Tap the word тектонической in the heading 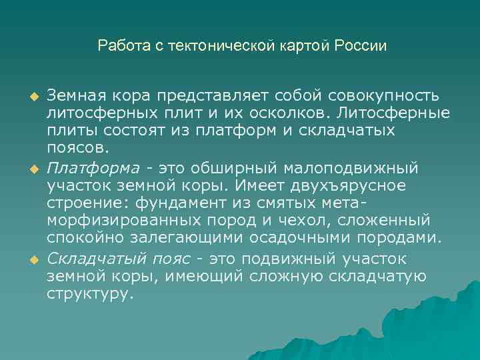click(x=213, y=46)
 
